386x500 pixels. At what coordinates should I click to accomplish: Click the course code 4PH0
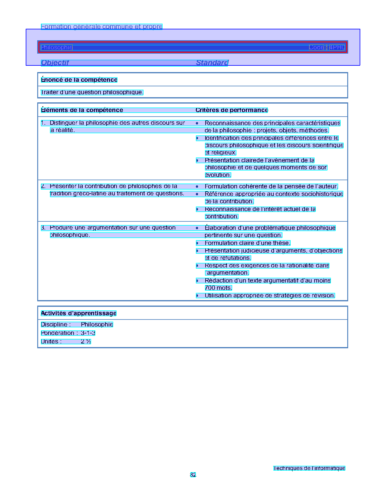click(x=337, y=47)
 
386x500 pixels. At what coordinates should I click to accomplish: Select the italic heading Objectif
click(x=55, y=63)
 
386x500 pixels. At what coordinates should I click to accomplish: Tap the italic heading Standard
click(x=212, y=63)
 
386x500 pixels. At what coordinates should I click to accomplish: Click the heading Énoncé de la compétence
click(x=79, y=80)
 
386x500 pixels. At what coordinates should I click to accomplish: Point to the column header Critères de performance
click(x=232, y=110)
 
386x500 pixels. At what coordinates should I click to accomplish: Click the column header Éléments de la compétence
click(x=82, y=110)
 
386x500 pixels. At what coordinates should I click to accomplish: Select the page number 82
click(x=193, y=475)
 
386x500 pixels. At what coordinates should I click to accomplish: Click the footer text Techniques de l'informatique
click(x=309, y=468)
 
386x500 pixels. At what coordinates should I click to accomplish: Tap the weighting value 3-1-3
click(x=88, y=333)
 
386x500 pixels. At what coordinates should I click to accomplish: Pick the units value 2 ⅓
click(x=86, y=341)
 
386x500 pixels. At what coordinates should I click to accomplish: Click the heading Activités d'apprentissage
click(x=79, y=313)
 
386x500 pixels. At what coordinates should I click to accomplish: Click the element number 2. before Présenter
click(x=43, y=186)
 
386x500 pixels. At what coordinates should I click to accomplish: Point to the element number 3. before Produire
click(x=43, y=228)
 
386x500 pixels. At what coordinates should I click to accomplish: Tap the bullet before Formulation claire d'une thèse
click(x=197, y=243)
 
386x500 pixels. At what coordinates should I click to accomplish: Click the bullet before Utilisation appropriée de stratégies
click(x=197, y=296)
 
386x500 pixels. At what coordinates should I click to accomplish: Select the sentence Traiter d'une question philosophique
click(x=92, y=92)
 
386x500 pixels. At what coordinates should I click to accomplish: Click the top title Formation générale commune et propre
click(x=102, y=27)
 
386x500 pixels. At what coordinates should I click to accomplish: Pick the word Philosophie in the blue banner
click(x=57, y=47)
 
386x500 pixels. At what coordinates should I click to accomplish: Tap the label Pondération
click(x=58, y=333)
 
